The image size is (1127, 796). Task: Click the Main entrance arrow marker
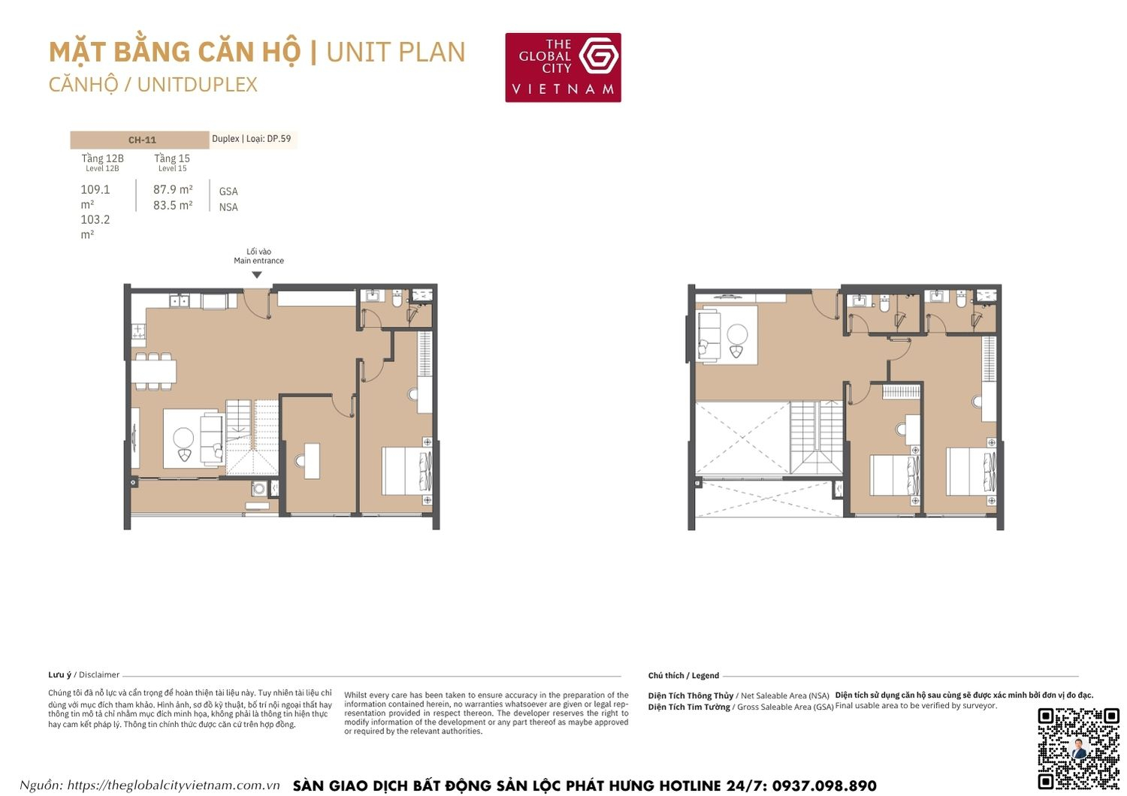(257, 275)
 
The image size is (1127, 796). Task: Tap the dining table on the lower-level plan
(154, 371)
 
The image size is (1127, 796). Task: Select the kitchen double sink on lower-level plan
(180, 301)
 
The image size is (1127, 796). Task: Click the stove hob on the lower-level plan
(139, 331)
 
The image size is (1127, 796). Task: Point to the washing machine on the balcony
(259, 490)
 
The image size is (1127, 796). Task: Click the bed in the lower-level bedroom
(406, 471)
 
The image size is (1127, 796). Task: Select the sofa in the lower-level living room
(210, 438)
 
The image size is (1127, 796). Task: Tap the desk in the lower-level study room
(311, 461)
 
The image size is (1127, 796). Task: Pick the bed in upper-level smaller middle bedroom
(893, 475)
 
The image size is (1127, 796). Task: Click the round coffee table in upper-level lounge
(737, 334)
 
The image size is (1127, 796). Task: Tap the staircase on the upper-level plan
(817, 436)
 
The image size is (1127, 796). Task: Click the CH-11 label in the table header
(142, 140)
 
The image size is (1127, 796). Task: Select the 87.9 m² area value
(173, 190)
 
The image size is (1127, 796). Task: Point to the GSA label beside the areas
(228, 191)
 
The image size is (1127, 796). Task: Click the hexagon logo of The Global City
(599, 56)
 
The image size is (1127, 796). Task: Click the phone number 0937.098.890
(823, 785)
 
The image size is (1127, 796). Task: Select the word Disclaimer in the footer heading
(99, 674)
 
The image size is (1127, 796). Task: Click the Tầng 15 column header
(172, 158)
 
